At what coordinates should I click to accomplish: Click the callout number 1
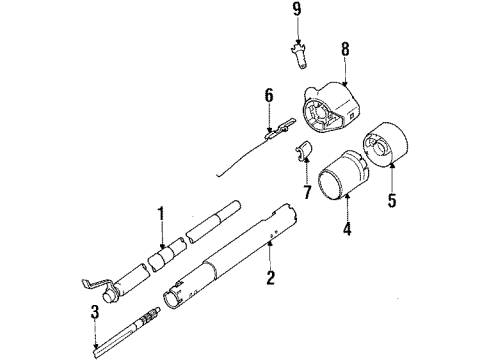[161, 214]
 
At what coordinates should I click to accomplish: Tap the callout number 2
[270, 277]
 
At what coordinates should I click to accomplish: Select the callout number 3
[95, 312]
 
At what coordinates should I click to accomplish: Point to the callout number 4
[347, 229]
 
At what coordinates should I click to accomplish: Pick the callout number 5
[392, 200]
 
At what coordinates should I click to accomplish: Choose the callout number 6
[269, 95]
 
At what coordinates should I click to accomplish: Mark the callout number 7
[307, 192]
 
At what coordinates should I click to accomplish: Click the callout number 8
[345, 49]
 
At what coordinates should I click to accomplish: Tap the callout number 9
[297, 9]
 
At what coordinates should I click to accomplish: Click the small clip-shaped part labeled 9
[299, 57]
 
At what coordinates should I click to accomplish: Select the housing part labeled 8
[331, 106]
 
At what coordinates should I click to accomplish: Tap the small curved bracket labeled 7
[303, 152]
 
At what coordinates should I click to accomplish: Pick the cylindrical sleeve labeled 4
[343, 175]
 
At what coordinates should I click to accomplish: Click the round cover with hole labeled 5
[385, 145]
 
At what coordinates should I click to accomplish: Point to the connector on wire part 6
[280, 129]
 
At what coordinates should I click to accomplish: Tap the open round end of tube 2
[172, 299]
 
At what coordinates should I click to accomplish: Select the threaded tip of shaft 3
[151, 316]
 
